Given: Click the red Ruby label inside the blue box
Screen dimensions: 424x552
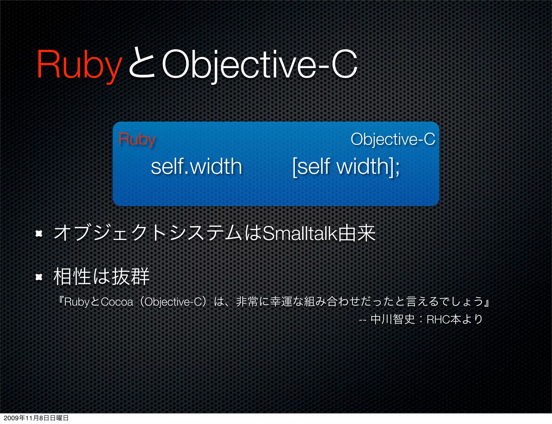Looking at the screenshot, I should pyautogui.click(x=137, y=139).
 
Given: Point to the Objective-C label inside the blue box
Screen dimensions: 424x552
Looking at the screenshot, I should pyautogui.click(x=393, y=139).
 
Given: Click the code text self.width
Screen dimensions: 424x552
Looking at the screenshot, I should pyautogui.click(x=196, y=167).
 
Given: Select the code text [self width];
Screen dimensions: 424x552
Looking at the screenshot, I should pyautogui.click(x=346, y=167).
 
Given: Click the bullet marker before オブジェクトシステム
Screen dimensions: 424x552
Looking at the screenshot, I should pyautogui.click(x=39, y=234).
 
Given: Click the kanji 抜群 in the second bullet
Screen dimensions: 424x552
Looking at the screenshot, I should pyautogui.click(x=130, y=277).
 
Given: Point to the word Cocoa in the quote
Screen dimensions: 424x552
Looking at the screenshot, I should pyautogui.click(x=117, y=302).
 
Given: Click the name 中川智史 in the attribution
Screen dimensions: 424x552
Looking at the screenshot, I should pyautogui.click(x=393, y=319).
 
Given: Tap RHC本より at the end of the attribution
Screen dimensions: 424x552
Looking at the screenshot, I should pyautogui.click(x=454, y=319).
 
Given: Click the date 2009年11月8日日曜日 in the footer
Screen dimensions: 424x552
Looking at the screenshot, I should pyautogui.click(x=36, y=418).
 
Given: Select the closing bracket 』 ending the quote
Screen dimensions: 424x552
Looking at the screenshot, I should pyautogui.click(x=487, y=302).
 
